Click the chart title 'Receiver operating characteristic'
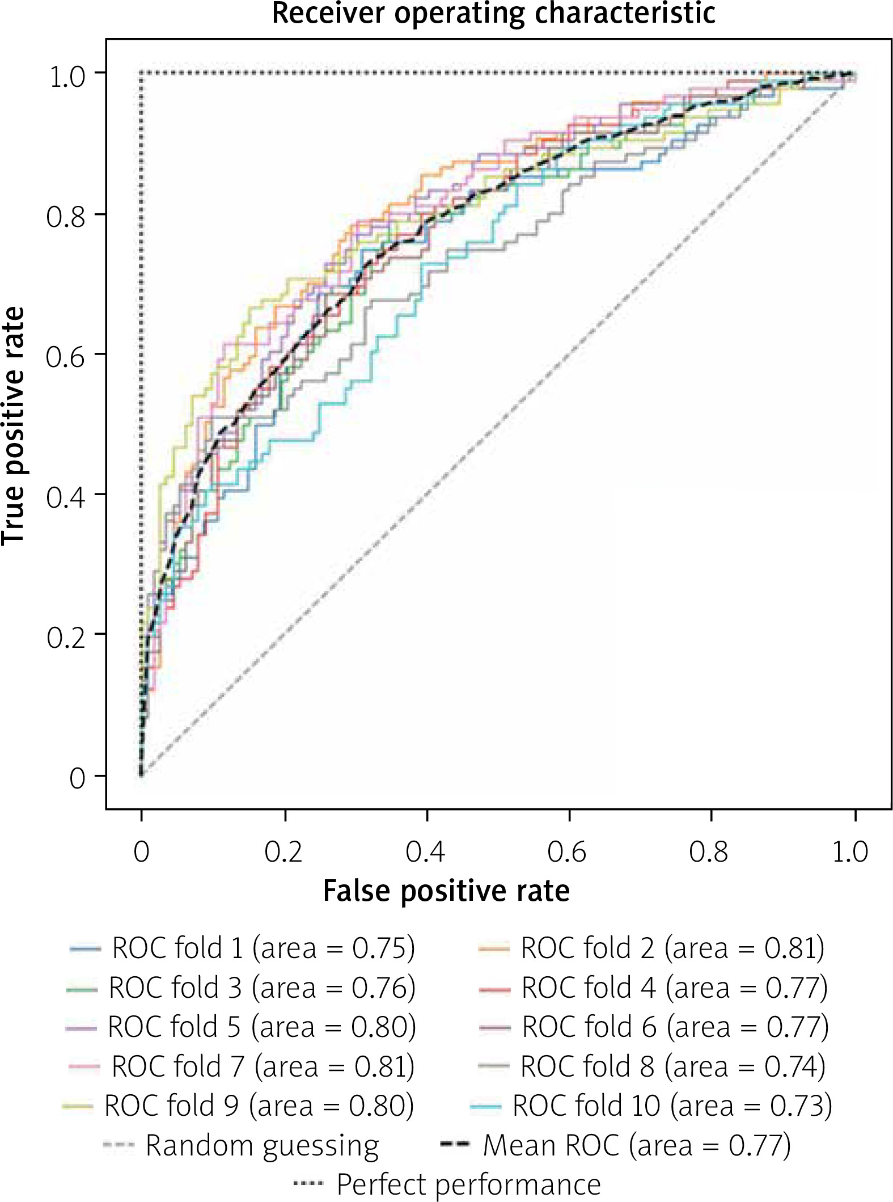pyautogui.click(x=493, y=14)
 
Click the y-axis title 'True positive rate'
pyautogui.click(x=14, y=425)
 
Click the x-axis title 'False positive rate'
pyautogui.click(x=446, y=891)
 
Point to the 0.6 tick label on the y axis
pyautogui.click(x=66, y=357)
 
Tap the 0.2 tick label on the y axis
pyautogui.click(x=66, y=637)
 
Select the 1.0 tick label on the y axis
pyautogui.click(x=67, y=77)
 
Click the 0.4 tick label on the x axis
pyautogui.click(x=425, y=851)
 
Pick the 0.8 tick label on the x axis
pyautogui.click(x=708, y=851)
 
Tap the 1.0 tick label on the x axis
pyautogui.click(x=850, y=851)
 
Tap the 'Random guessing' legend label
pyautogui.click(x=262, y=1145)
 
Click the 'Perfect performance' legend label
pyautogui.click(x=468, y=1184)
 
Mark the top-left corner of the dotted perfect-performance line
pyautogui.click(x=142, y=73)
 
